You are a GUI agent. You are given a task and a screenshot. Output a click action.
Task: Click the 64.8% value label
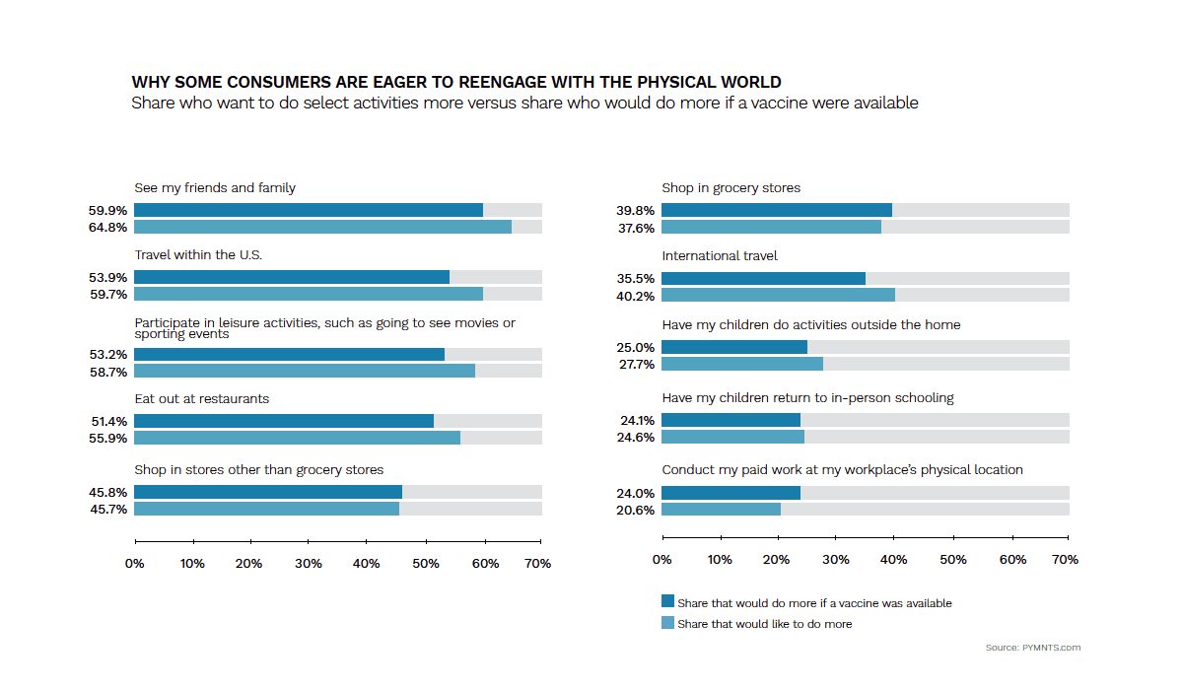[x=107, y=228]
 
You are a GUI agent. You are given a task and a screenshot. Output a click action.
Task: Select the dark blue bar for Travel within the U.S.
[x=292, y=277]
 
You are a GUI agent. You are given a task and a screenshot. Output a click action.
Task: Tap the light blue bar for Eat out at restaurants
[x=297, y=438]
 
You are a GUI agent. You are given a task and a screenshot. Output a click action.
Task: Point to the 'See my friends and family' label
[x=215, y=188]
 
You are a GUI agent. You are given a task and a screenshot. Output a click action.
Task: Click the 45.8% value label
[x=107, y=493]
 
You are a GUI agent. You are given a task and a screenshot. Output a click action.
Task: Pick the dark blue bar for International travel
[x=763, y=278]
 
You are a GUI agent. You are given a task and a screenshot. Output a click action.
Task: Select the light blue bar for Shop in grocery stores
[x=771, y=227]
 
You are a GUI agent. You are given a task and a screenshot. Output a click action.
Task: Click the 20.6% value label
[x=635, y=510]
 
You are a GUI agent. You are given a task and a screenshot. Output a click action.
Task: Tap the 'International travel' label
[x=720, y=256]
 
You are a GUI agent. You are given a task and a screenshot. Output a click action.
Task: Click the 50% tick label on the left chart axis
[x=426, y=564]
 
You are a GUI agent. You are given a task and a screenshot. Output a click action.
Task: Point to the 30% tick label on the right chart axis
[x=836, y=560]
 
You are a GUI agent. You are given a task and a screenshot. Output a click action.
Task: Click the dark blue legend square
[x=667, y=600]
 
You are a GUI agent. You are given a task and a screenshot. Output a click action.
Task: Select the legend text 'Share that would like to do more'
[x=765, y=624]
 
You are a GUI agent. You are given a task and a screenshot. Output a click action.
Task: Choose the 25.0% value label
[x=635, y=347]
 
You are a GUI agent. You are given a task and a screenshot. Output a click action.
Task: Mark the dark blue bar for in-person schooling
[x=731, y=420]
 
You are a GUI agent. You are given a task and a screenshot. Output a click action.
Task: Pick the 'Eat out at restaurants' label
[x=202, y=399]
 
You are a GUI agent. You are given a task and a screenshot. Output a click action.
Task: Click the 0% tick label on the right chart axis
[x=661, y=560]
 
